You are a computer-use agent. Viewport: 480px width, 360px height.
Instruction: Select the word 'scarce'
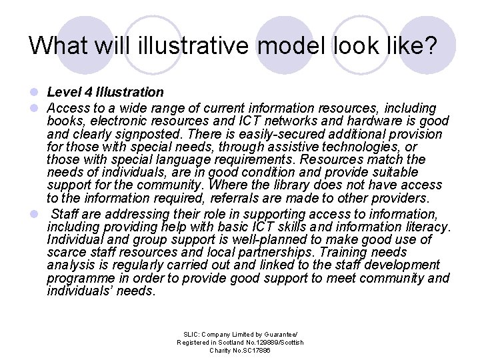(x=65, y=253)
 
